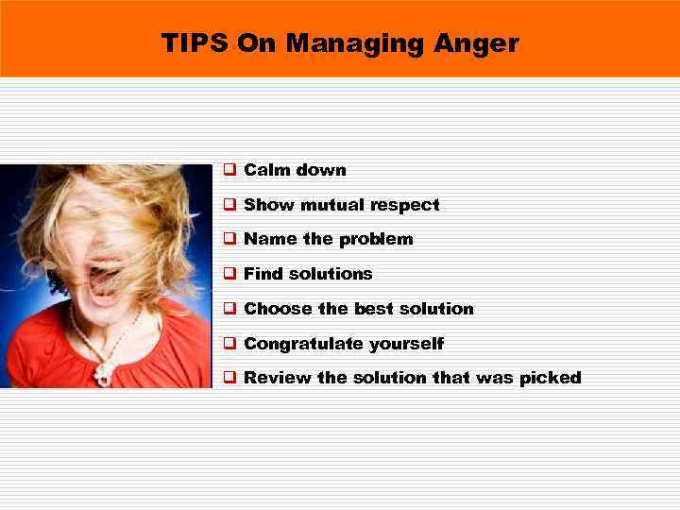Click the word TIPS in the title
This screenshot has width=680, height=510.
tap(195, 43)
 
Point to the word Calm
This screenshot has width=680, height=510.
tap(265, 170)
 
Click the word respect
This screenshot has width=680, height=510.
tap(405, 205)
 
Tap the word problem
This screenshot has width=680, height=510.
tap(376, 239)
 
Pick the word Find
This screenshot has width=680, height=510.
tap(263, 274)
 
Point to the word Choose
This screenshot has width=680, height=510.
tap(279, 309)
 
